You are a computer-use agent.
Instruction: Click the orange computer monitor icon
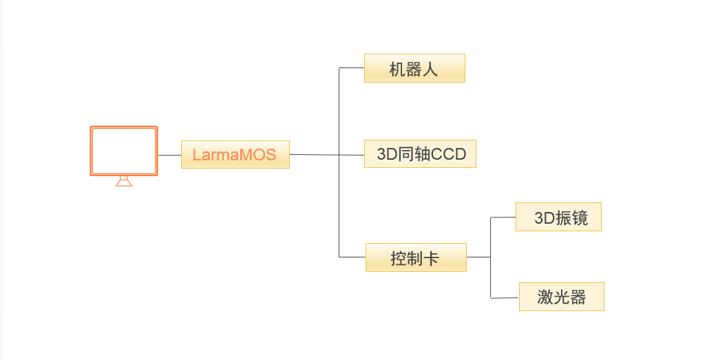coord(124,151)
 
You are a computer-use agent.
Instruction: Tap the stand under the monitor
coord(124,181)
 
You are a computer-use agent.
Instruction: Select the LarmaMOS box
coord(235,154)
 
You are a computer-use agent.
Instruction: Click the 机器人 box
coord(414,68)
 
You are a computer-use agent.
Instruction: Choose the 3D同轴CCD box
coord(420,154)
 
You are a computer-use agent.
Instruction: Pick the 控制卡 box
coord(416,257)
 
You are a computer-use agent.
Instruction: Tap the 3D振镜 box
coord(558,217)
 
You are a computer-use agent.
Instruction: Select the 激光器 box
coord(561,297)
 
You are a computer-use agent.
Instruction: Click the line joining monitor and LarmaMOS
coord(170,155)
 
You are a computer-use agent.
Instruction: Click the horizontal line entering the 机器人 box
coord(352,68)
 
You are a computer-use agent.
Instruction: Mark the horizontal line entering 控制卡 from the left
coord(352,257)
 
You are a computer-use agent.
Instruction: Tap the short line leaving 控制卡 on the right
coord(478,257)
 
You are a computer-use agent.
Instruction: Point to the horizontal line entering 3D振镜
coord(503,218)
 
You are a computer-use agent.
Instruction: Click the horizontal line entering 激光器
coord(505,297)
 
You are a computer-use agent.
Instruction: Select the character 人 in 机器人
coord(430,69)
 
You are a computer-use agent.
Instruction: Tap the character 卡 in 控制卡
coord(432,258)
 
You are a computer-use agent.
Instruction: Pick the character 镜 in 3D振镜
coord(580,218)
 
